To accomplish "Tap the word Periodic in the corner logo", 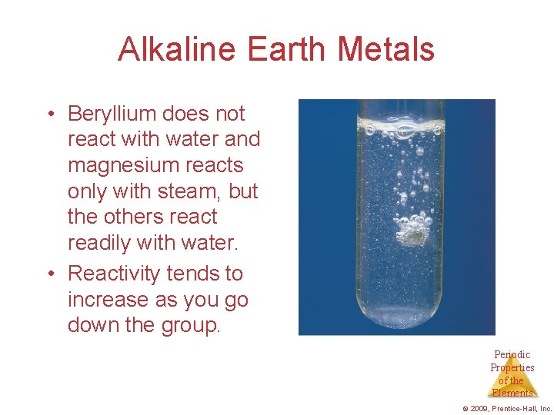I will (x=512, y=355).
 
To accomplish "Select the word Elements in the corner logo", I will (x=512, y=393).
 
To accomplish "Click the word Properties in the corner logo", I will (x=512, y=367).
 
